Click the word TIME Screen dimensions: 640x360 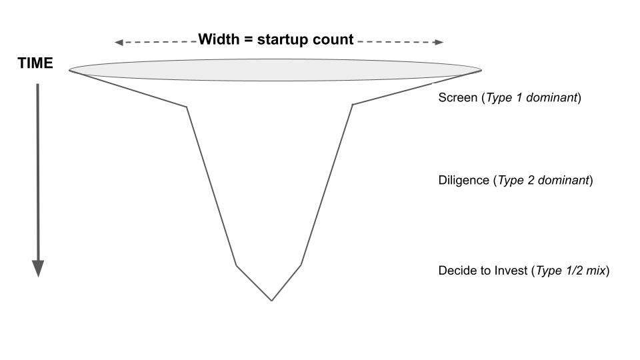coord(35,64)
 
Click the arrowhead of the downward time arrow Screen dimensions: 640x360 coord(38,268)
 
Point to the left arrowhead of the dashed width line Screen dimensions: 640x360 coord(118,43)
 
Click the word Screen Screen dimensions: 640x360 coord(457,98)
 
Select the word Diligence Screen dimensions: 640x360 coord(464,181)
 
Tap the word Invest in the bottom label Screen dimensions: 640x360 coord(511,271)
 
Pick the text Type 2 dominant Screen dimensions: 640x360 coord(543,181)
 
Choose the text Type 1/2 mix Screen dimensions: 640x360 coord(571,271)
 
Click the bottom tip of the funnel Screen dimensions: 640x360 coord(271,300)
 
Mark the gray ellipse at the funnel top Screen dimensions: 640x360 coord(275,69)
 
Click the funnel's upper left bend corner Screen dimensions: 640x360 coord(187,106)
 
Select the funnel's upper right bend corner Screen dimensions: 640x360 coord(352,105)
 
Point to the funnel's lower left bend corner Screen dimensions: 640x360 coord(236,265)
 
